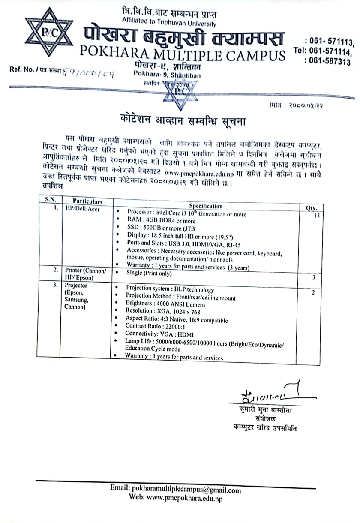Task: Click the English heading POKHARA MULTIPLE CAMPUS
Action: tap(183, 55)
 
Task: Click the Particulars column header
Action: tap(87, 201)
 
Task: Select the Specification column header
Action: tap(206, 206)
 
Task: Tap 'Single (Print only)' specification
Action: tap(149, 273)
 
